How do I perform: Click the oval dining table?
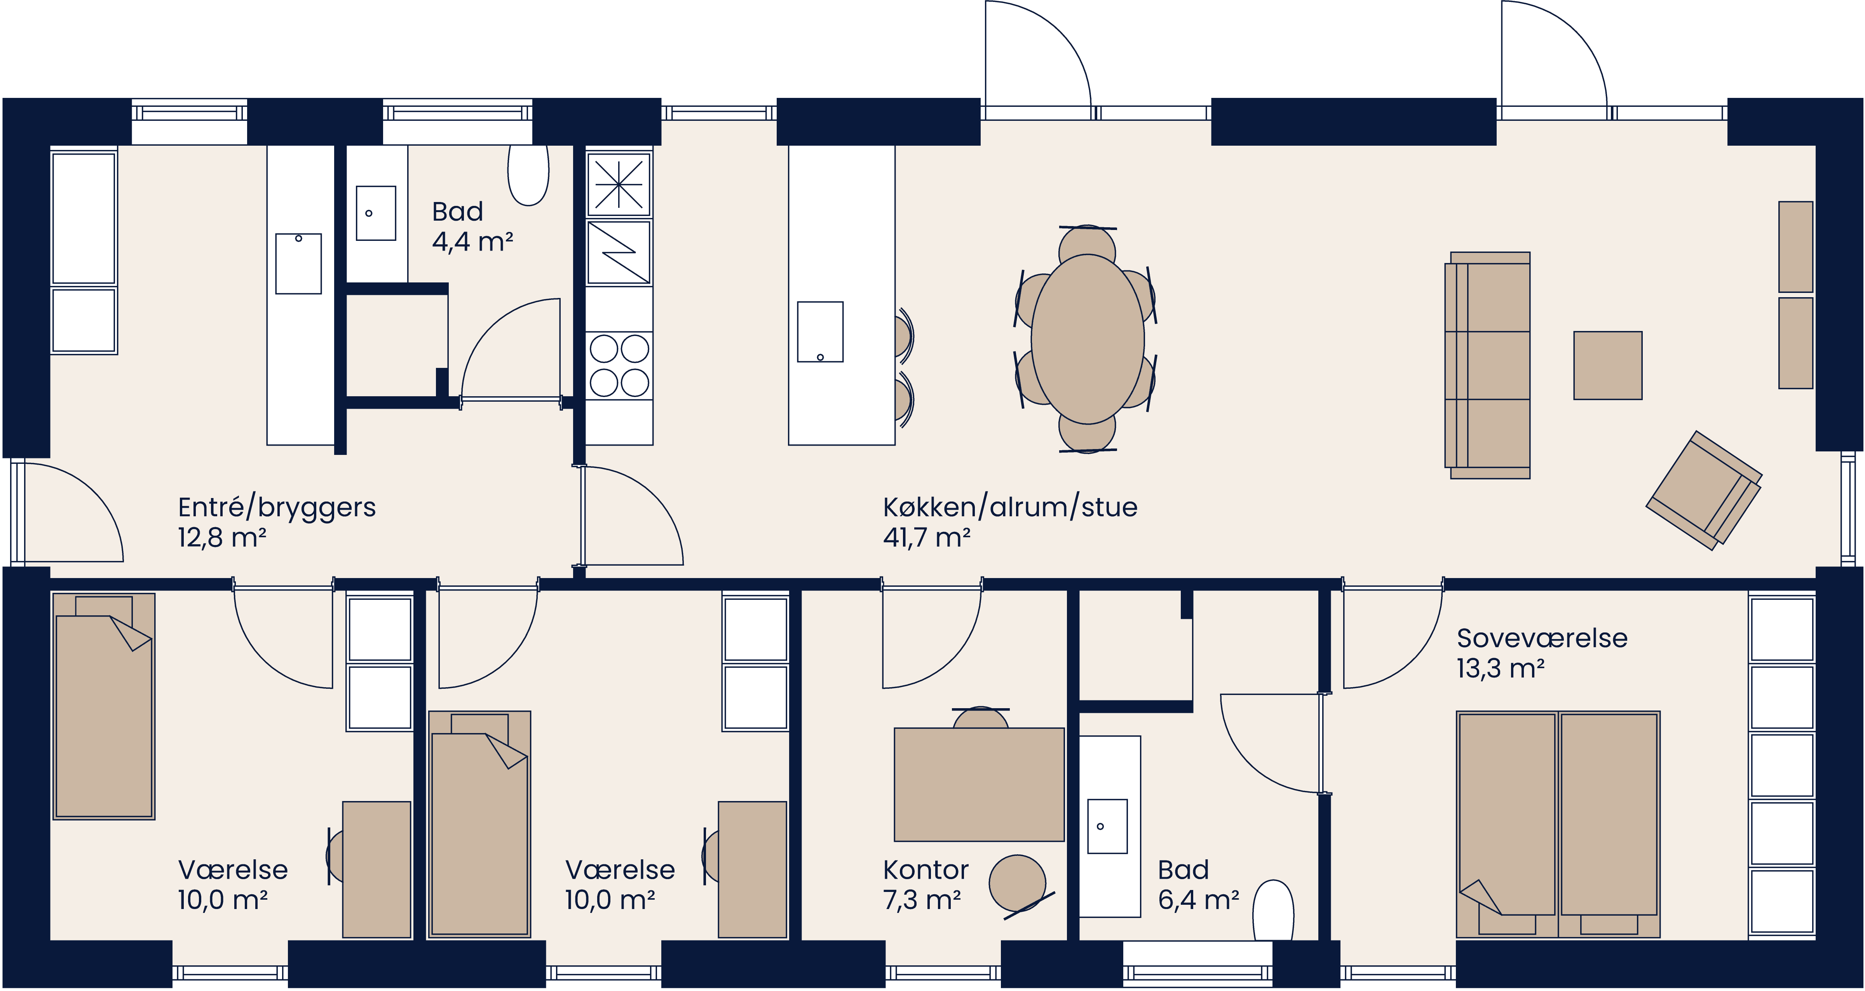tap(1088, 339)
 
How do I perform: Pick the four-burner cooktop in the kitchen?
tap(619, 366)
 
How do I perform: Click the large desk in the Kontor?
tap(979, 784)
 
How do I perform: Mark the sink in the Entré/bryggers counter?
tap(298, 263)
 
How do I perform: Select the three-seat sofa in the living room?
tap(1488, 366)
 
